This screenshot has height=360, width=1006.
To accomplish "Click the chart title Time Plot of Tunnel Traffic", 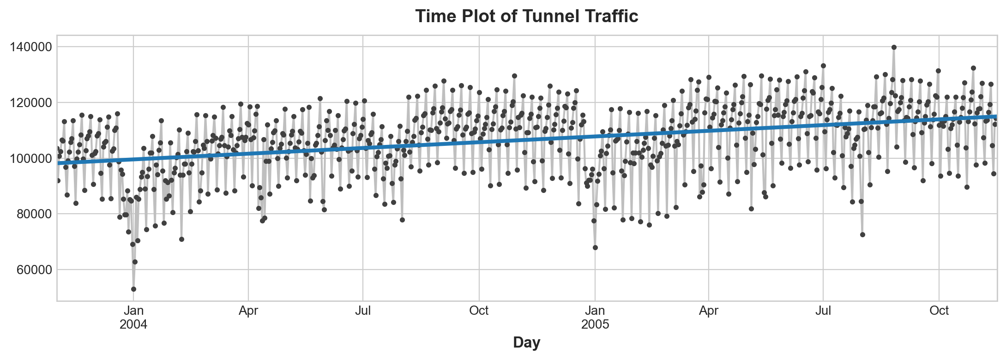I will pos(526,16).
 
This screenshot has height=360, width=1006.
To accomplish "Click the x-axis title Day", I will pos(527,342).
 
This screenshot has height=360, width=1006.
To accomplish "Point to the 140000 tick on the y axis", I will pos(32,47).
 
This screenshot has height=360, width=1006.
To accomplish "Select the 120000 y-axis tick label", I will pos(32,103).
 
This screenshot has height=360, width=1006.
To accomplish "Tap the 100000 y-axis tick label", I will pos(32,159).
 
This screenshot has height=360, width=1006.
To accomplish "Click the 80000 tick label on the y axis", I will pos(35,214).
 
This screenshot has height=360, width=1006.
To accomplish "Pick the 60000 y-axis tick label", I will pos(35,270).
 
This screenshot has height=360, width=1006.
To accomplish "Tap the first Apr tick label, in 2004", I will pos(248,311).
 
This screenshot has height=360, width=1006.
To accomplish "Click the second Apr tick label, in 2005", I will pos(708,311).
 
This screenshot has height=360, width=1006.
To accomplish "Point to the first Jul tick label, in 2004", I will pos(363,311).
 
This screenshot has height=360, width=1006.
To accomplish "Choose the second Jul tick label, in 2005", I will pos(823,311).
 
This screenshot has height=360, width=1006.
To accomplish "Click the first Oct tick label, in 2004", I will pos(479,311).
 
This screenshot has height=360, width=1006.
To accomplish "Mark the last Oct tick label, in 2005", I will pos(939,311).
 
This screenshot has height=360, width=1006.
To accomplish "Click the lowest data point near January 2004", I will pos(133,289).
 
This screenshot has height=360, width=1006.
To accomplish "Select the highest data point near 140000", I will pos(894,47).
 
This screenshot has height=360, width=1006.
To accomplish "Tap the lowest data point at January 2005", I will pos(595,248).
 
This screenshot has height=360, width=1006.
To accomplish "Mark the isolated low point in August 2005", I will pos(862,234).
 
